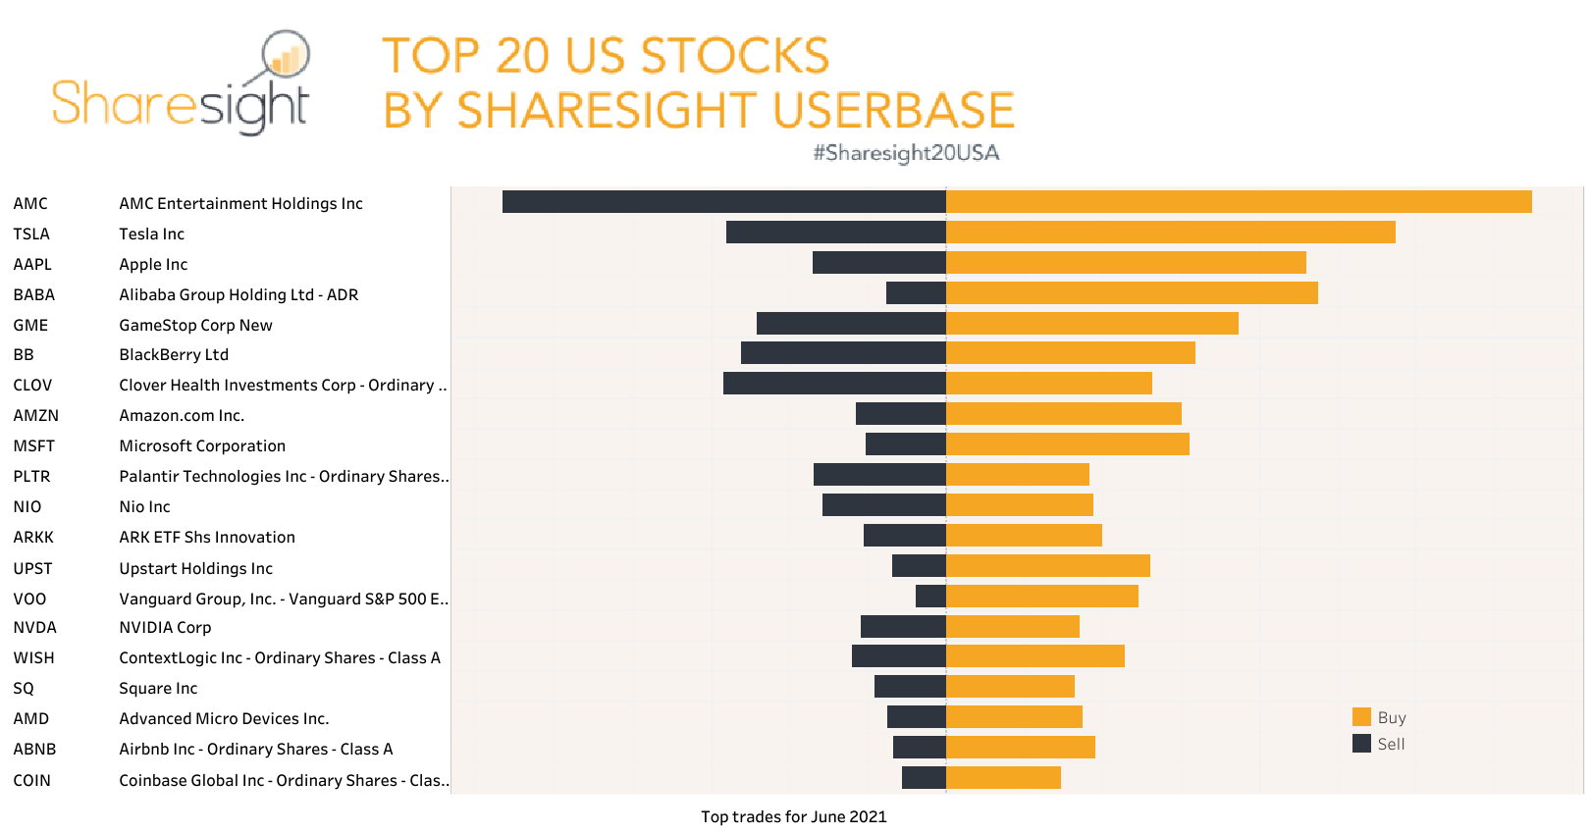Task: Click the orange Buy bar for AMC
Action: [x=1239, y=202]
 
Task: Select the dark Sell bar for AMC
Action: [x=723, y=202]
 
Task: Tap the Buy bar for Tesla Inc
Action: [x=1170, y=233]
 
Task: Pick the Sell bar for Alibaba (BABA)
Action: [x=916, y=293]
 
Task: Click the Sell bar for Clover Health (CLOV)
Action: [x=834, y=384]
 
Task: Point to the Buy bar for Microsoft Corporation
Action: [x=1067, y=444]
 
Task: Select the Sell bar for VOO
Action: [x=930, y=597]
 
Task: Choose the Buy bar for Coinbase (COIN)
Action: [x=1003, y=778]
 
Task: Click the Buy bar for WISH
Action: [x=1034, y=656]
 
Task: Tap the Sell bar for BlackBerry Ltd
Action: [x=843, y=353]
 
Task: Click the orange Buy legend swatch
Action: [x=1361, y=717]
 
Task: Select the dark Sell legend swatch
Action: [x=1361, y=744]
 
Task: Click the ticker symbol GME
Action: [x=30, y=325]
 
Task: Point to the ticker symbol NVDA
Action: [x=34, y=627]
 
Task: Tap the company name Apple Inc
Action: [x=153, y=264]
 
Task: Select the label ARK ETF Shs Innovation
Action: [x=207, y=537]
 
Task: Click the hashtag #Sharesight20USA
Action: [x=906, y=153]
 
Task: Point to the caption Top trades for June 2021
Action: [x=793, y=816]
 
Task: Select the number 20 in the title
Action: [x=521, y=56]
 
